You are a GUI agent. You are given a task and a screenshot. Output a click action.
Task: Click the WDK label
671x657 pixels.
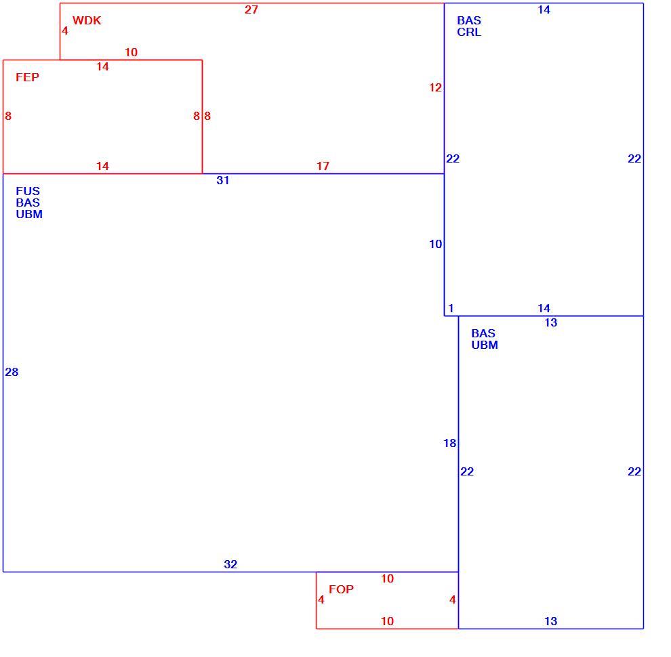pyautogui.click(x=87, y=20)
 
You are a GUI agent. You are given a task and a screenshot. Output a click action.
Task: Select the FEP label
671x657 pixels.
pyautogui.click(x=27, y=77)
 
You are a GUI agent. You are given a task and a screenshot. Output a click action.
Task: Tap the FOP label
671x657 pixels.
pyautogui.click(x=341, y=589)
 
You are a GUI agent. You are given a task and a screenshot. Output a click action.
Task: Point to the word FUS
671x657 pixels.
pyautogui.click(x=28, y=191)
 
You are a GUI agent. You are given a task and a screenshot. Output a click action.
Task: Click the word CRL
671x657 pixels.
pyautogui.click(x=469, y=32)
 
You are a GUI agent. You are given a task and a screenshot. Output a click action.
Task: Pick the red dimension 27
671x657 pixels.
pyautogui.click(x=251, y=10)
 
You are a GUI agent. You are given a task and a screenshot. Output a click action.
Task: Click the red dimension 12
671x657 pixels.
pyautogui.click(x=435, y=87)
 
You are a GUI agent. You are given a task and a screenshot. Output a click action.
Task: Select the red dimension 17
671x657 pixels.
pyautogui.click(x=323, y=166)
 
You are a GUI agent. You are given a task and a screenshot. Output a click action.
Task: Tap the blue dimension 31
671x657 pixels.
pyautogui.click(x=222, y=180)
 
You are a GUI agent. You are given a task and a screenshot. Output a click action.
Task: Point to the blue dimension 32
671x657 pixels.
pyautogui.click(x=230, y=565)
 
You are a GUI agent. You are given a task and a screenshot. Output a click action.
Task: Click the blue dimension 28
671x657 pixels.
pyautogui.click(x=12, y=372)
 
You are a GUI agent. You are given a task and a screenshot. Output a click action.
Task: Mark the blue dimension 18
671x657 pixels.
pyautogui.click(x=450, y=443)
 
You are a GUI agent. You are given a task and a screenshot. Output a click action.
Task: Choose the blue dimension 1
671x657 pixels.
pyautogui.click(x=451, y=308)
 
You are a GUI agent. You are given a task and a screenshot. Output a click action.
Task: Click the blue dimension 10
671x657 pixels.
pyautogui.click(x=435, y=245)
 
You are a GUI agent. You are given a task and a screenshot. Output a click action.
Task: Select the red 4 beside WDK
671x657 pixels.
pyautogui.click(x=65, y=30)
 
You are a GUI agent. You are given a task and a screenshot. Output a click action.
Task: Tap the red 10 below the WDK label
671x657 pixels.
pyautogui.click(x=131, y=53)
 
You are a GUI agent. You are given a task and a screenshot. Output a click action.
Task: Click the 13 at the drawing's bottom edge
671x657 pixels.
pyautogui.click(x=551, y=622)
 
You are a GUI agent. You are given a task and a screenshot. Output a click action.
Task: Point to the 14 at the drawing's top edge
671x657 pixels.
pyautogui.click(x=544, y=10)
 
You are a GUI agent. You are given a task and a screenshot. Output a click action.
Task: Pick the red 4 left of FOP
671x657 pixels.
pyautogui.click(x=321, y=600)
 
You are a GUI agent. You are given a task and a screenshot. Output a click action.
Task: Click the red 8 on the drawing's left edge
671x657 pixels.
pyautogui.click(x=8, y=116)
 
